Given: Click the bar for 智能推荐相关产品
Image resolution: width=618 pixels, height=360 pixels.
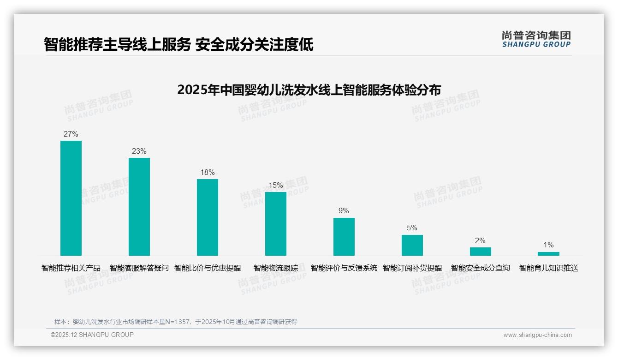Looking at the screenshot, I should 71,198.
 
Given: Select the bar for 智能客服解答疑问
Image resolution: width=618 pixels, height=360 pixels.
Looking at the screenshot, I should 139,207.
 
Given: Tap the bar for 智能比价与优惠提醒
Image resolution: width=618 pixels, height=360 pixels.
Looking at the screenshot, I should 208,217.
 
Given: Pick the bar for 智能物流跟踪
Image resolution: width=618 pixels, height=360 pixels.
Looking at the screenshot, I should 276,224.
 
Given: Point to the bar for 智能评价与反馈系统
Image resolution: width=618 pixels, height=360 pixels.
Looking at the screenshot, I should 344,237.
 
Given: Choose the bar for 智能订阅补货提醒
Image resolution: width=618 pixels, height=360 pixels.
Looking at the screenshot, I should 412,245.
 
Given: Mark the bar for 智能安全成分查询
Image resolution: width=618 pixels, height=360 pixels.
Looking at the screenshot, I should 481,252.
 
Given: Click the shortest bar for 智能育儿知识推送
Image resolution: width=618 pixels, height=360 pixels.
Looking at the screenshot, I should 548,254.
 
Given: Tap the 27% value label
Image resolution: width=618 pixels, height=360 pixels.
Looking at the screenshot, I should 71,134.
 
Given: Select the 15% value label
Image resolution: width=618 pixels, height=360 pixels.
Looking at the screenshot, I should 276,186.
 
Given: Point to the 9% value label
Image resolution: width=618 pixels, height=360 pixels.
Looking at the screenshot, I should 344,211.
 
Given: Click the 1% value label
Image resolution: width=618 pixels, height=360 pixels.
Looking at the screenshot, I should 548,245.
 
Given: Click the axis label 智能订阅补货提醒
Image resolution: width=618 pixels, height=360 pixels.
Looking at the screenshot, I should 412,268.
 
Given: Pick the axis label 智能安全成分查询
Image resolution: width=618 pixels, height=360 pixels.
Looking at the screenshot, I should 481,268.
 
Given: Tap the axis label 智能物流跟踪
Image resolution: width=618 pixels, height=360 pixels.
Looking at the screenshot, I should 276,268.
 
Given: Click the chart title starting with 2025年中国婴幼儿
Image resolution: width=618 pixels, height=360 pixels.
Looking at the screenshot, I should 309,90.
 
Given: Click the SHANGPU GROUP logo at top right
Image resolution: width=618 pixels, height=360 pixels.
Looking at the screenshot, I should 536,39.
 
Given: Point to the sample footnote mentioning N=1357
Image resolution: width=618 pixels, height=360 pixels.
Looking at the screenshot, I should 176,322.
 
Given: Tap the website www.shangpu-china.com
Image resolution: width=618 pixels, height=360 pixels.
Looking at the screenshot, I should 537,335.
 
